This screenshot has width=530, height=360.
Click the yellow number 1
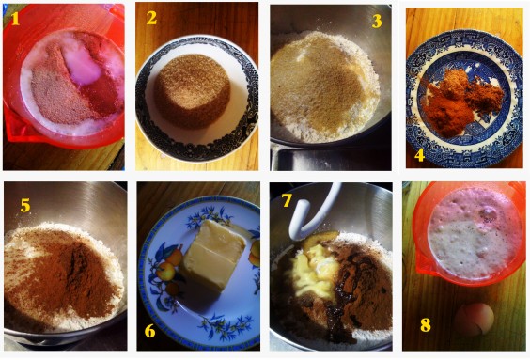pos(15,19)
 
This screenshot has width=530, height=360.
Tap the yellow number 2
pos(151,18)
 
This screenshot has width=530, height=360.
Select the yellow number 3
pos(377,21)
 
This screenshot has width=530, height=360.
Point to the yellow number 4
pos(419,155)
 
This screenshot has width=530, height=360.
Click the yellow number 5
pos(25,205)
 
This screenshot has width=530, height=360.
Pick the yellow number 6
pos(149,331)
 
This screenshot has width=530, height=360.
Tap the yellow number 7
pos(287,200)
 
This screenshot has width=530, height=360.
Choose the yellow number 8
pos(426,325)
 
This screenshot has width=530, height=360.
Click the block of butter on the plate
pos(212,255)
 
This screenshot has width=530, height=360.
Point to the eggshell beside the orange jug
pos(474,319)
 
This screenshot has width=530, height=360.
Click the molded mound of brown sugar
pos(193,91)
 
